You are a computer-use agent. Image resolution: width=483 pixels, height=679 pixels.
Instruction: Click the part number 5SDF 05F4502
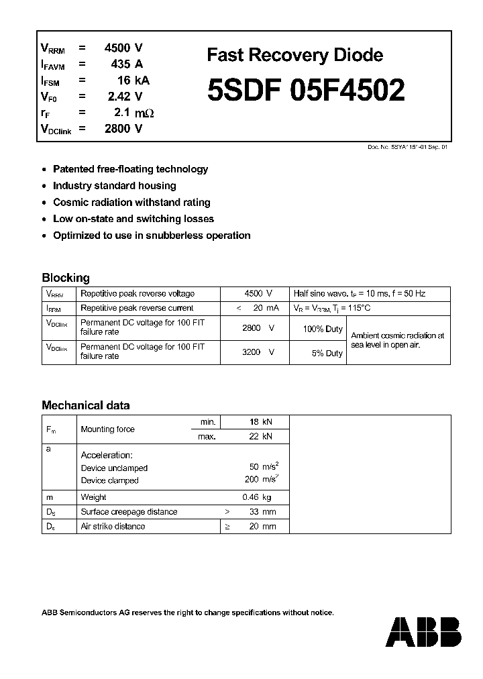306,91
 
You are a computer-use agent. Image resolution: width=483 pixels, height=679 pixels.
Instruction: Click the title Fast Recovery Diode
294,55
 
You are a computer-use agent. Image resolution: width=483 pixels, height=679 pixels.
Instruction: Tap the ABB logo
425,632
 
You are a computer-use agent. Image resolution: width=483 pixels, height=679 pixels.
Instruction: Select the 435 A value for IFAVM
127,64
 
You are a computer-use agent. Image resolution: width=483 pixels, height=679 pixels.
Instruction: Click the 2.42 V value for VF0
125,97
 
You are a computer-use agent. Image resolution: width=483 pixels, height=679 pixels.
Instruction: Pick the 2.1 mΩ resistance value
134,113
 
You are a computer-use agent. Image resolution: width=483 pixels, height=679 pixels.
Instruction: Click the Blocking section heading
65,278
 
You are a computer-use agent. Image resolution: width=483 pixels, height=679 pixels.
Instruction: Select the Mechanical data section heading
85,405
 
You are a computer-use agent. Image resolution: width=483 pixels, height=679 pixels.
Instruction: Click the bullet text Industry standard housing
114,186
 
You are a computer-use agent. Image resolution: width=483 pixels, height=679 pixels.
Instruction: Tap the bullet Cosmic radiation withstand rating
131,202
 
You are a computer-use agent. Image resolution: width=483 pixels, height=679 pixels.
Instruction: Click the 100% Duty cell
323,329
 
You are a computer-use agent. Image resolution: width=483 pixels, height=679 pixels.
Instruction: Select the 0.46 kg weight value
256,497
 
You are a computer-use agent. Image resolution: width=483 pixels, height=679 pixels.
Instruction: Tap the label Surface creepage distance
129,512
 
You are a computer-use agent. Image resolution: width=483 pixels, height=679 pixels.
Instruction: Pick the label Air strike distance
113,527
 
